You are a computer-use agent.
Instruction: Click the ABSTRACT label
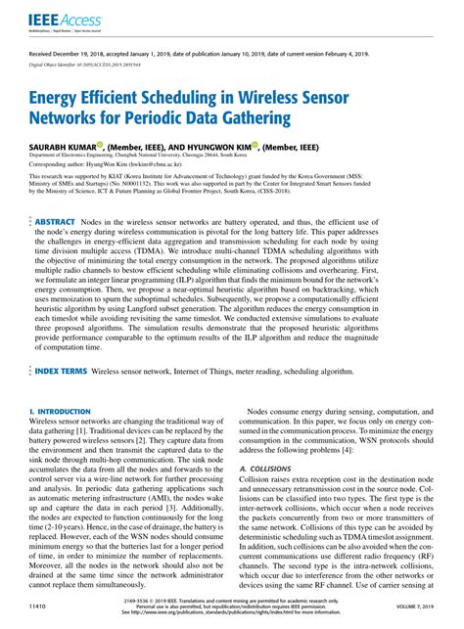pyautogui.click(x=62, y=223)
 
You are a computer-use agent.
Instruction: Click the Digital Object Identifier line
pyautogui.click(x=98, y=64)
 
